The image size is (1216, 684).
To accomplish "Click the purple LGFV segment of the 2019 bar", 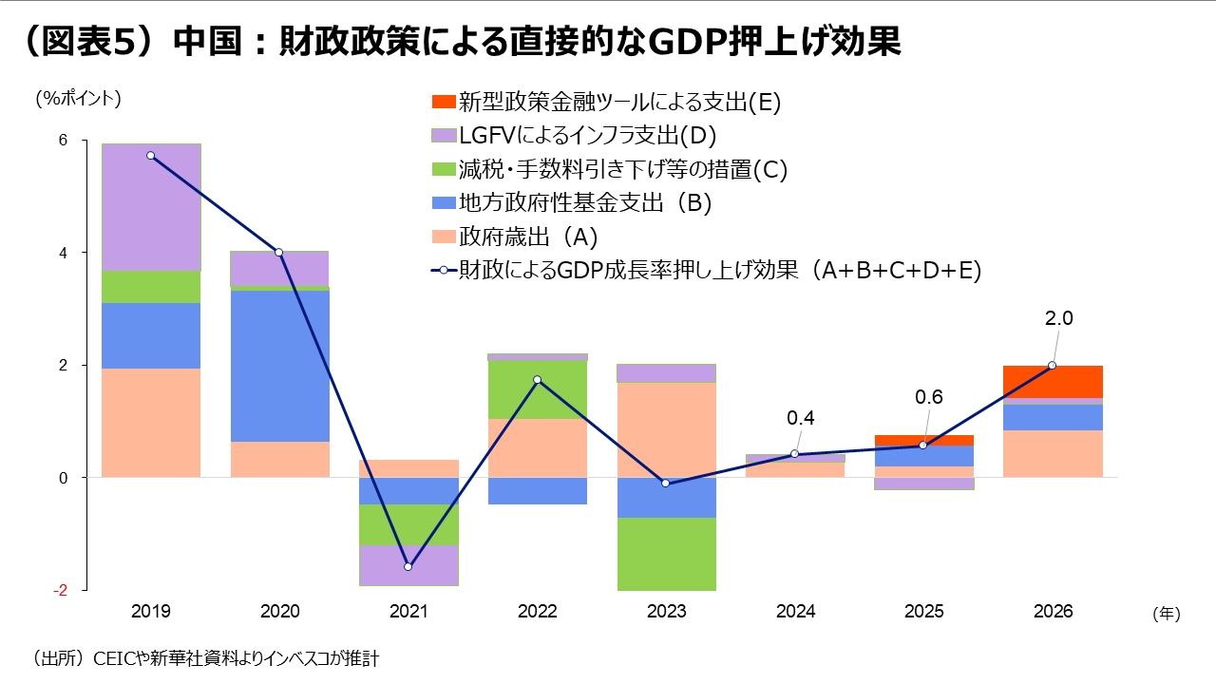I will [151, 207].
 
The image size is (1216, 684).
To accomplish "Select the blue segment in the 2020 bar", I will [280, 365].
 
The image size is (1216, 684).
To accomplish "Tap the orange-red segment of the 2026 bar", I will [1054, 382].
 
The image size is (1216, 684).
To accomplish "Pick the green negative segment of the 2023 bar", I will [666, 554].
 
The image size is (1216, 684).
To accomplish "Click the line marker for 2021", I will [408, 567].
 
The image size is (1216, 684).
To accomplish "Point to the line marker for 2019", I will [151, 155].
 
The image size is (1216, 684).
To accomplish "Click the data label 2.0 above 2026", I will [1058, 319].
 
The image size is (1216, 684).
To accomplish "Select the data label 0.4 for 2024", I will [801, 418].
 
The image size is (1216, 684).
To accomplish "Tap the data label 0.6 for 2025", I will [929, 397].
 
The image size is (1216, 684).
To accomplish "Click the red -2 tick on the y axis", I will [61, 590].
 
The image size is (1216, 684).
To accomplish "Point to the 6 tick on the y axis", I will [64, 141].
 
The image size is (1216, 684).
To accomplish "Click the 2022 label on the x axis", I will [538, 612].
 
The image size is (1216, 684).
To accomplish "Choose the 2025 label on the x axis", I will [923, 612].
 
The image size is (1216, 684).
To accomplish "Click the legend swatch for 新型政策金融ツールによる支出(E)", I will [443, 102].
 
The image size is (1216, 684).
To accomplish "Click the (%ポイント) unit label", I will [79, 98].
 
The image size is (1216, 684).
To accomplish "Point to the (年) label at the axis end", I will [1166, 614].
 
